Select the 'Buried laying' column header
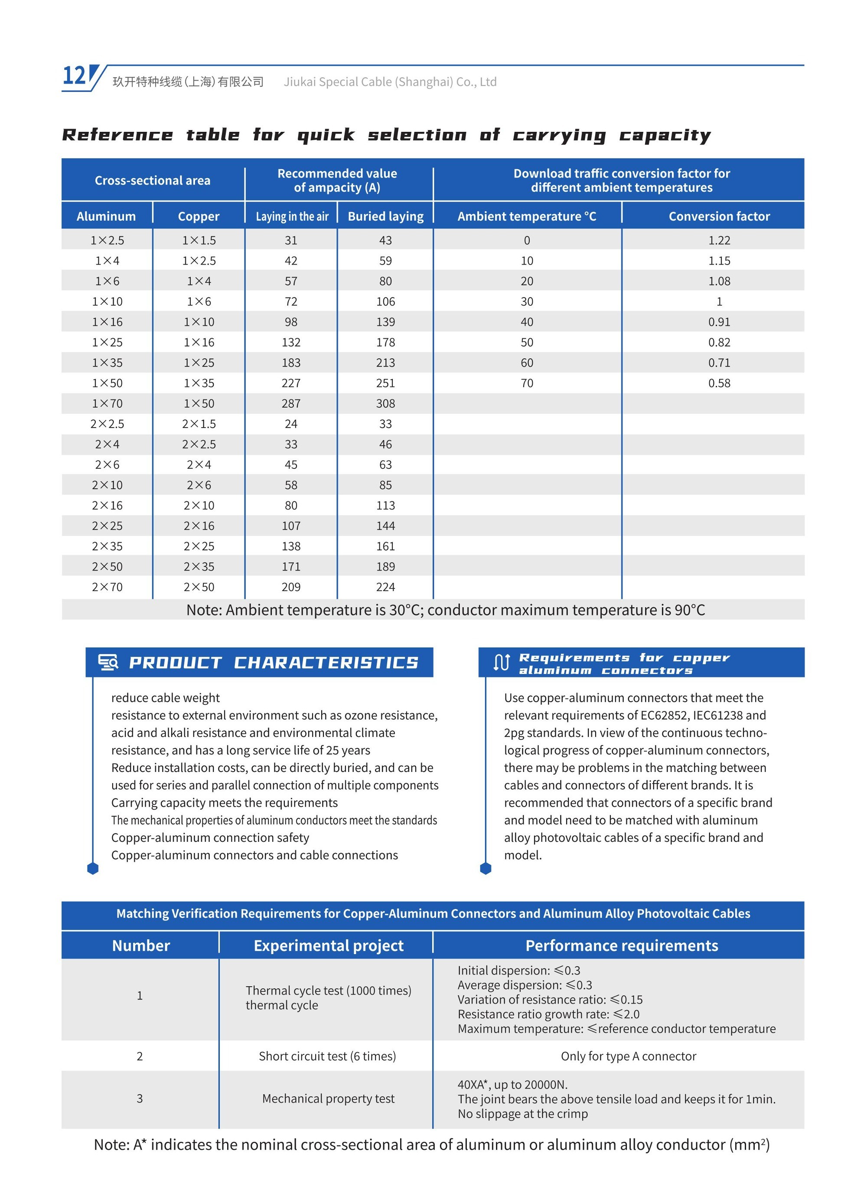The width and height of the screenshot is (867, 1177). tap(385, 216)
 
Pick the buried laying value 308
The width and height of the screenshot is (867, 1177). tap(385, 404)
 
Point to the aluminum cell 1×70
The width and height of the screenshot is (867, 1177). tap(107, 404)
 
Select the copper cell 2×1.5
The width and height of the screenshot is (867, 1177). tap(199, 424)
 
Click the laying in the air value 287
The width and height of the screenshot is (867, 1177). tap(291, 404)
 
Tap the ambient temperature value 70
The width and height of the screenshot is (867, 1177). tap(526, 383)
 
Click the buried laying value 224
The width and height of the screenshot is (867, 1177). tap(385, 587)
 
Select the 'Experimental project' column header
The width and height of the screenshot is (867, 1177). tap(329, 945)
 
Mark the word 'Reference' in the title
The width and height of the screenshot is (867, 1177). tap(117, 135)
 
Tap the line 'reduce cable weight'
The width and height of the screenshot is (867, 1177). tap(165, 698)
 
